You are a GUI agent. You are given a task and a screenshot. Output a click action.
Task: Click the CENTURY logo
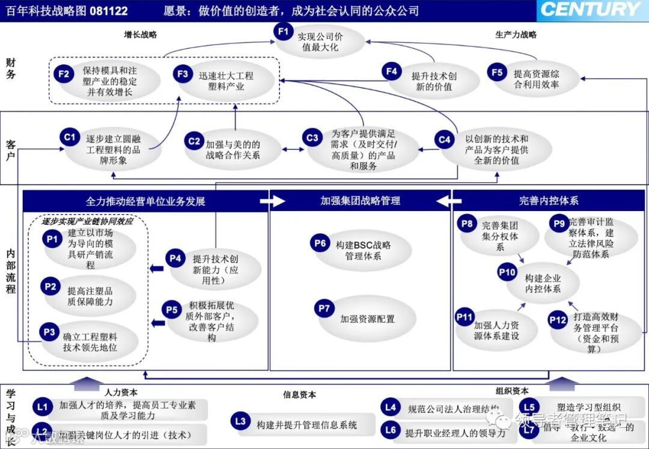point(591,10)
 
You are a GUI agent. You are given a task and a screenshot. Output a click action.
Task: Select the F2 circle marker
point(64,74)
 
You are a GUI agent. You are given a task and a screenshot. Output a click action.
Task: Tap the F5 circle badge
point(497,73)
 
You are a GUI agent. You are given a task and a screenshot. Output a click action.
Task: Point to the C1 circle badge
point(70,137)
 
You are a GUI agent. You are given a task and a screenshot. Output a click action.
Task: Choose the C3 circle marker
point(311,138)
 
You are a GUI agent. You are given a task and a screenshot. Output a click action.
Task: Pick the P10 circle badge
point(507,272)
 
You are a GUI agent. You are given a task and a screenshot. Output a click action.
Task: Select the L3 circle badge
point(240,421)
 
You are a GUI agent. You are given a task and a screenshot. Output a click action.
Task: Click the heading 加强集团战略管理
point(360,201)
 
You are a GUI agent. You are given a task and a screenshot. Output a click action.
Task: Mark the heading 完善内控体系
point(549,201)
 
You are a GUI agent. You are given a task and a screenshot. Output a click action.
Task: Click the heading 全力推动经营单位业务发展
point(145,201)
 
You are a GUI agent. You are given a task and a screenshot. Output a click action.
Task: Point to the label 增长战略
point(140,34)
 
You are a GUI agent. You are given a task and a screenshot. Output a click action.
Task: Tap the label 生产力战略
point(516,34)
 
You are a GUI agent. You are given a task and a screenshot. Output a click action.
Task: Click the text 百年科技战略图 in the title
point(37,11)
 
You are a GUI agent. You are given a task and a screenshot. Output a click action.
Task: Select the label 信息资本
point(299,395)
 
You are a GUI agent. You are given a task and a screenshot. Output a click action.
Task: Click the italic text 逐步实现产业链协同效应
point(87,221)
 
